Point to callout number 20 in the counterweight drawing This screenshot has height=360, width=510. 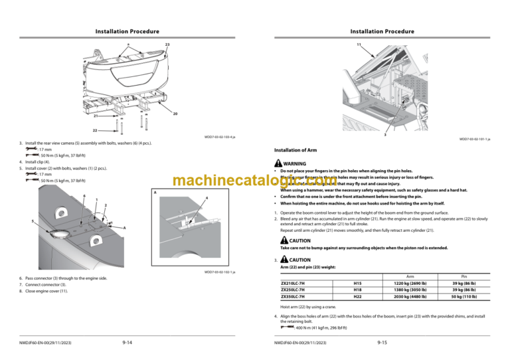coord(175,114)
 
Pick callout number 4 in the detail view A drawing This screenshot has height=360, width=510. coord(207,199)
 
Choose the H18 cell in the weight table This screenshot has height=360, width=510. coord(357,290)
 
